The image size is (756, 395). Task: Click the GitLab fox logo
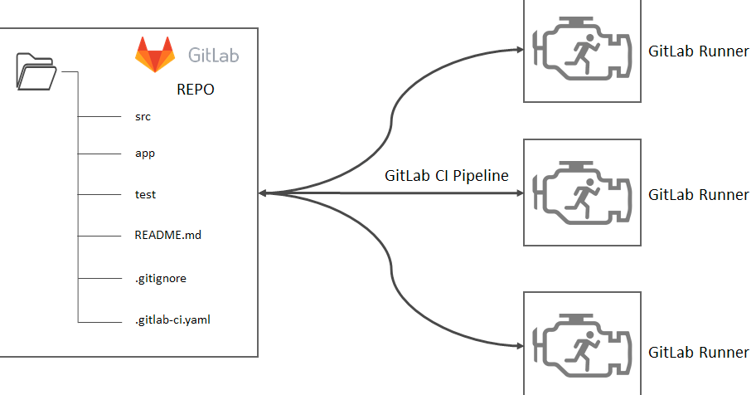click(156, 55)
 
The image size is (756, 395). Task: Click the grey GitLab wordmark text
click(214, 56)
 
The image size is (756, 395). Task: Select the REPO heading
click(196, 90)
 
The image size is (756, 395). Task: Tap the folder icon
click(36, 71)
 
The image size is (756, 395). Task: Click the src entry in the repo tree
click(143, 117)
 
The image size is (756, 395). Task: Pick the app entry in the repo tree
click(144, 154)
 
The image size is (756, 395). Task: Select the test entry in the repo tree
click(145, 194)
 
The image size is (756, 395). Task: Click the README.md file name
click(167, 235)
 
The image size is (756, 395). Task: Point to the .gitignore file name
click(160, 278)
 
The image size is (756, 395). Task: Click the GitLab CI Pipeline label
click(446, 176)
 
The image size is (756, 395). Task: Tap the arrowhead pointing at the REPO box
click(264, 193)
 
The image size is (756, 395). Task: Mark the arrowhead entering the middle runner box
click(518, 193)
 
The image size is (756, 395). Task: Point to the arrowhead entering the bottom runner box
click(518, 344)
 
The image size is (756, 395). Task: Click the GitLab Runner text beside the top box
click(698, 51)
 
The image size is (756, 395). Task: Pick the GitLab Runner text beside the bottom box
click(698, 353)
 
